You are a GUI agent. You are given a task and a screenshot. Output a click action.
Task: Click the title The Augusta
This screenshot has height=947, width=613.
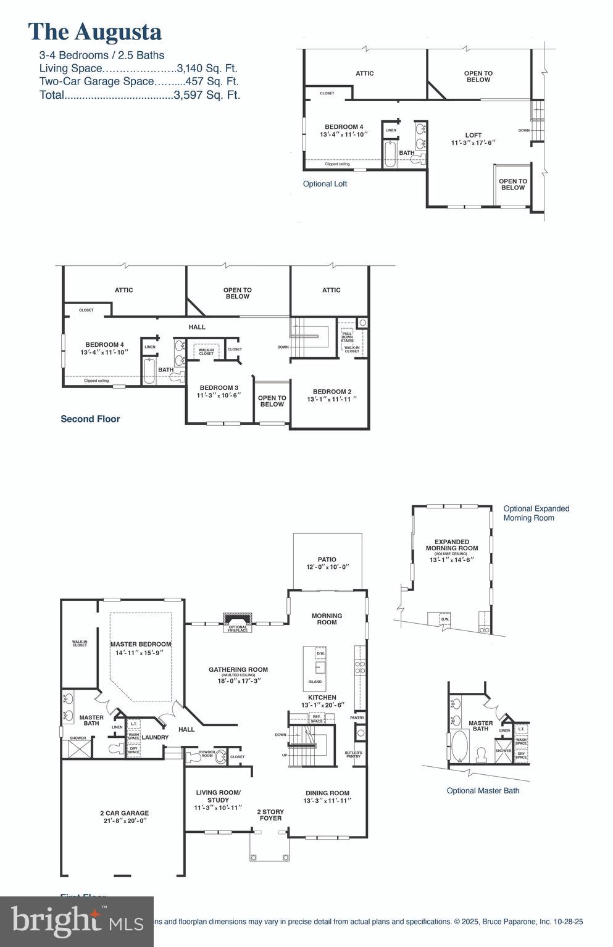(95, 32)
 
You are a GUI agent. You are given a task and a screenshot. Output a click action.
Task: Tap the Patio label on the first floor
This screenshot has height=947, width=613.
(327, 560)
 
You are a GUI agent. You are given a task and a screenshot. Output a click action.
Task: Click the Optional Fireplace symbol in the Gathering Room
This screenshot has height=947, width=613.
(238, 619)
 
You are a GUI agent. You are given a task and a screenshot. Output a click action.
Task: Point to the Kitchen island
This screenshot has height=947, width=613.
(315, 668)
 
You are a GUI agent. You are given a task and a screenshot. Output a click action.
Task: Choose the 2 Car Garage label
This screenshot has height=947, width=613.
(125, 813)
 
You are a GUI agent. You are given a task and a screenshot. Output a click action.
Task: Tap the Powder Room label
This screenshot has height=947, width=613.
(207, 755)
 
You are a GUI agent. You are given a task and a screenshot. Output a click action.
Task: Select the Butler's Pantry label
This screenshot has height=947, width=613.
(354, 755)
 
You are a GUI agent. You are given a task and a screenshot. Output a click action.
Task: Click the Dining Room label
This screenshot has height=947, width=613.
(327, 793)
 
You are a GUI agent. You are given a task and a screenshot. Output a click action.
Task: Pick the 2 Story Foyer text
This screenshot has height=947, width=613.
(270, 815)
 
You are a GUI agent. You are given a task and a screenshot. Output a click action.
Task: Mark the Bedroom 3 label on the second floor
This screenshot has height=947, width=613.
(219, 388)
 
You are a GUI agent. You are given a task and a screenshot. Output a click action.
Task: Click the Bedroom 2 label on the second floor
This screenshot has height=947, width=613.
(332, 392)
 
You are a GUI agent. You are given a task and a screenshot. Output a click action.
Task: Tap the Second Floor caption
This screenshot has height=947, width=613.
(90, 419)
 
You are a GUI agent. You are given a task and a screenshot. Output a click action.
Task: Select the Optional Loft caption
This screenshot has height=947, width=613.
(325, 184)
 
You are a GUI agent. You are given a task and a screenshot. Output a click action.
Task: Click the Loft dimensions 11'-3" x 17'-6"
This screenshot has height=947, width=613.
(473, 143)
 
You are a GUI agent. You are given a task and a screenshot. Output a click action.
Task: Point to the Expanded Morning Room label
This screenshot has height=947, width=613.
(452, 545)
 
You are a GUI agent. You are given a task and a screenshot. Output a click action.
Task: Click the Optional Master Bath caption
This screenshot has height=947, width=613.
(483, 790)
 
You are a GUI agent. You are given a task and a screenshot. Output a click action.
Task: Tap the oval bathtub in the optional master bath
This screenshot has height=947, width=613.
(460, 746)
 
